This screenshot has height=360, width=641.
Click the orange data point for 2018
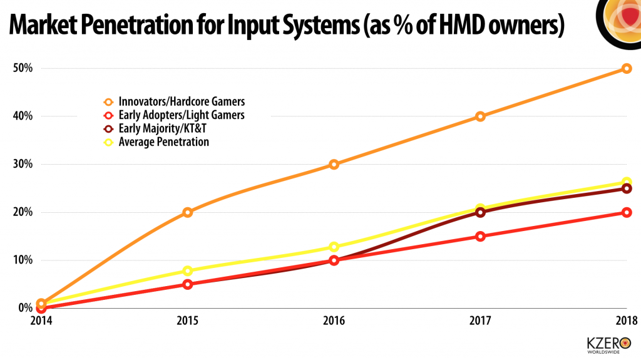(627, 68)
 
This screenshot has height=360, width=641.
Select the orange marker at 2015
(188, 212)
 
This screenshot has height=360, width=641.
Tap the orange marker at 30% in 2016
(334, 165)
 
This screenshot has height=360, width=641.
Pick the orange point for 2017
(480, 116)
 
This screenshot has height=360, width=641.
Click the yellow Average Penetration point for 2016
(334, 247)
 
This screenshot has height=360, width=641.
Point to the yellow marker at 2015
(188, 271)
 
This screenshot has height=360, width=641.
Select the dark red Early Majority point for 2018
(627, 188)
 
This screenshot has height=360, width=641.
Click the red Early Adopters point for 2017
(480, 237)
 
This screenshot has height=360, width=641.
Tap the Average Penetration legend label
(163, 142)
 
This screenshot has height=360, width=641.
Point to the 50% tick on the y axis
(22, 68)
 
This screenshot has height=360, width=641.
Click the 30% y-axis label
(22, 165)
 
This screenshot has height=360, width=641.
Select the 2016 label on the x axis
(334, 321)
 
